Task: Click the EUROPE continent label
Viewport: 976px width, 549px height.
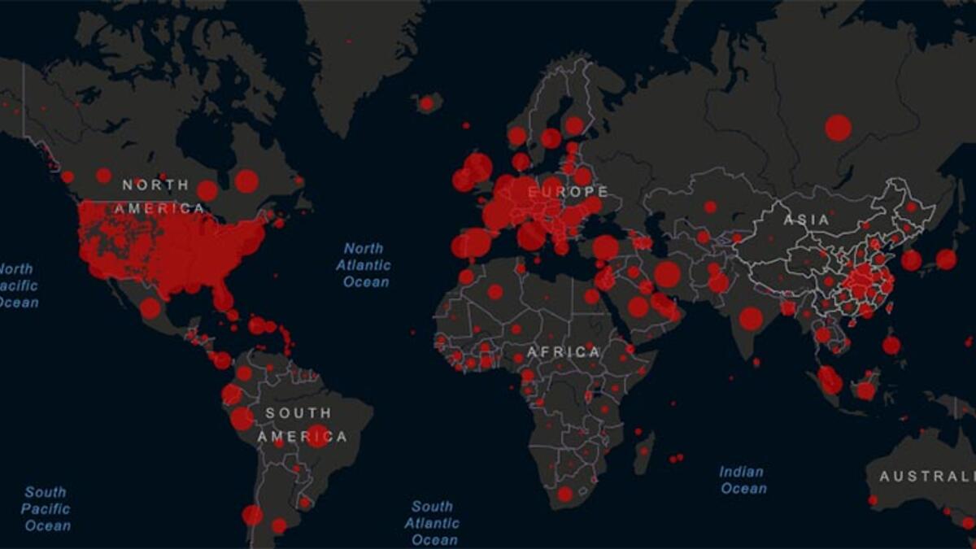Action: (568, 192)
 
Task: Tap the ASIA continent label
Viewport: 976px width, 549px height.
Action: (807, 220)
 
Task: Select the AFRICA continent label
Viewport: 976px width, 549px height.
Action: (564, 352)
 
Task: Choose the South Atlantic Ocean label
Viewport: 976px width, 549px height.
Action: (431, 523)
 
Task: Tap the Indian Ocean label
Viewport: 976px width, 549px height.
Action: (743, 480)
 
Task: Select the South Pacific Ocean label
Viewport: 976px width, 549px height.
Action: (46, 508)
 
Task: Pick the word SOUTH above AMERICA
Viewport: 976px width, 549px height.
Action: (298, 413)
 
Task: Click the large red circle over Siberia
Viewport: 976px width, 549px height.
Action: (838, 128)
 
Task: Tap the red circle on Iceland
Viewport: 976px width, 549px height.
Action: (426, 103)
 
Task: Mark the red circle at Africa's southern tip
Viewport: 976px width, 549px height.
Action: (564, 494)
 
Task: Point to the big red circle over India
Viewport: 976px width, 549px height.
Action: (751, 318)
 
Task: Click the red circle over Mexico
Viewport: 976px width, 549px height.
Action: (150, 308)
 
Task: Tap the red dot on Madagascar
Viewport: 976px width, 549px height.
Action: (644, 450)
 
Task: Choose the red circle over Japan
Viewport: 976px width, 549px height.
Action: (946, 259)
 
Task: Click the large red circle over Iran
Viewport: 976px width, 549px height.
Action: (667, 274)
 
